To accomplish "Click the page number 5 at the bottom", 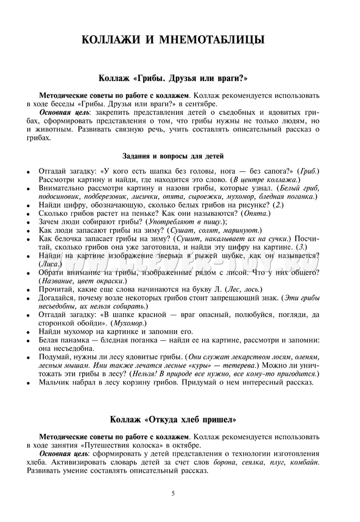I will click(173, 493).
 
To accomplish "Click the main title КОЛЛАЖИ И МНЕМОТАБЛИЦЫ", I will click(173, 40).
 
